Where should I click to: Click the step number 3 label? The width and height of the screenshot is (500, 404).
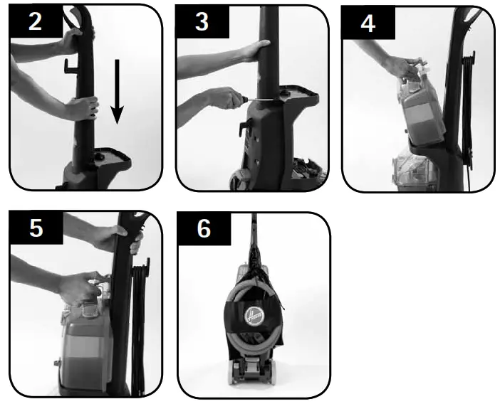tap(202, 21)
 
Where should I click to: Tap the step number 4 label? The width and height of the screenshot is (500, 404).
tap(368, 21)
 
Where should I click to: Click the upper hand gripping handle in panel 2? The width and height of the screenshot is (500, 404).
tap(71, 39)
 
